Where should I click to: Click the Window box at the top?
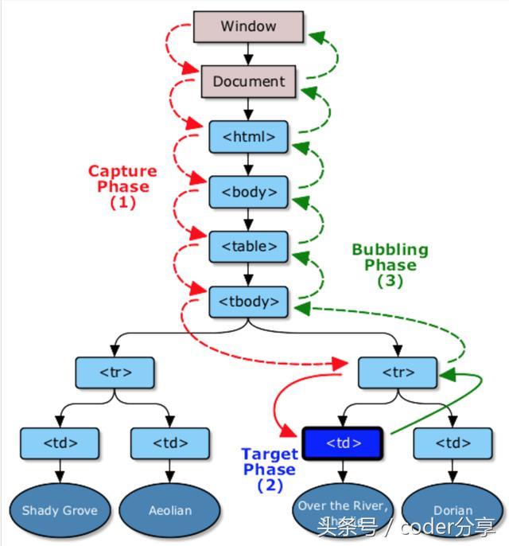click(x=248, y=26)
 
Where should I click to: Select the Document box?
click(x=248, y=81)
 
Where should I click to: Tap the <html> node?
click(x=248, y=137)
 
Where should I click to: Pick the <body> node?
click(x=248, y=192)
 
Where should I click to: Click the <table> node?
click(x=248, y=247)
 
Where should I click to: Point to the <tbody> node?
click(x=248, y=302)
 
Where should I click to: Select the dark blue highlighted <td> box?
click(x=343, y=443)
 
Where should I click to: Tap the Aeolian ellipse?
click(x=170, y=510)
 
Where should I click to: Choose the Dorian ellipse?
click(x=453, y=510)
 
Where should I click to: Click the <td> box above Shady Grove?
click(x=60, y=443)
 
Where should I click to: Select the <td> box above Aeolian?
click(x=170, y=443)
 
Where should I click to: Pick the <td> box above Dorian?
click(x=453, y=443)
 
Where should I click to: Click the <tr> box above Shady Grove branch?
click(x=115, y=372)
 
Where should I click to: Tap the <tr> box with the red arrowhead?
click(x=398, y=372)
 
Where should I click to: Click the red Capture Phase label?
click(x=122, y=186)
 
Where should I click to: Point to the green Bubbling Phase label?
click(x=390, y=264)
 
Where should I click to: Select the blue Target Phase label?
click(x=270, y=470)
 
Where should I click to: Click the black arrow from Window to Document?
click(x=248, y=53)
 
